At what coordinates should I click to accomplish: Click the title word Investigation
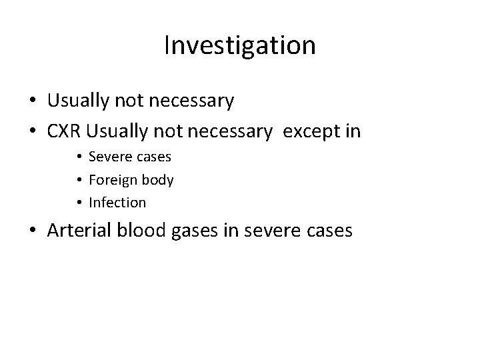pos(239,46)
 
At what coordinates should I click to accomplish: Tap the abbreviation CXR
pos(67,131)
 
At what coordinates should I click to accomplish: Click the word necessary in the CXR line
pos(230,131)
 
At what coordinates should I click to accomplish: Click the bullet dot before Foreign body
pos(79,180)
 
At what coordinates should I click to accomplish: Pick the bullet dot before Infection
pos(79,202)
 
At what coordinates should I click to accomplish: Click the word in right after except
pos(352,131)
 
